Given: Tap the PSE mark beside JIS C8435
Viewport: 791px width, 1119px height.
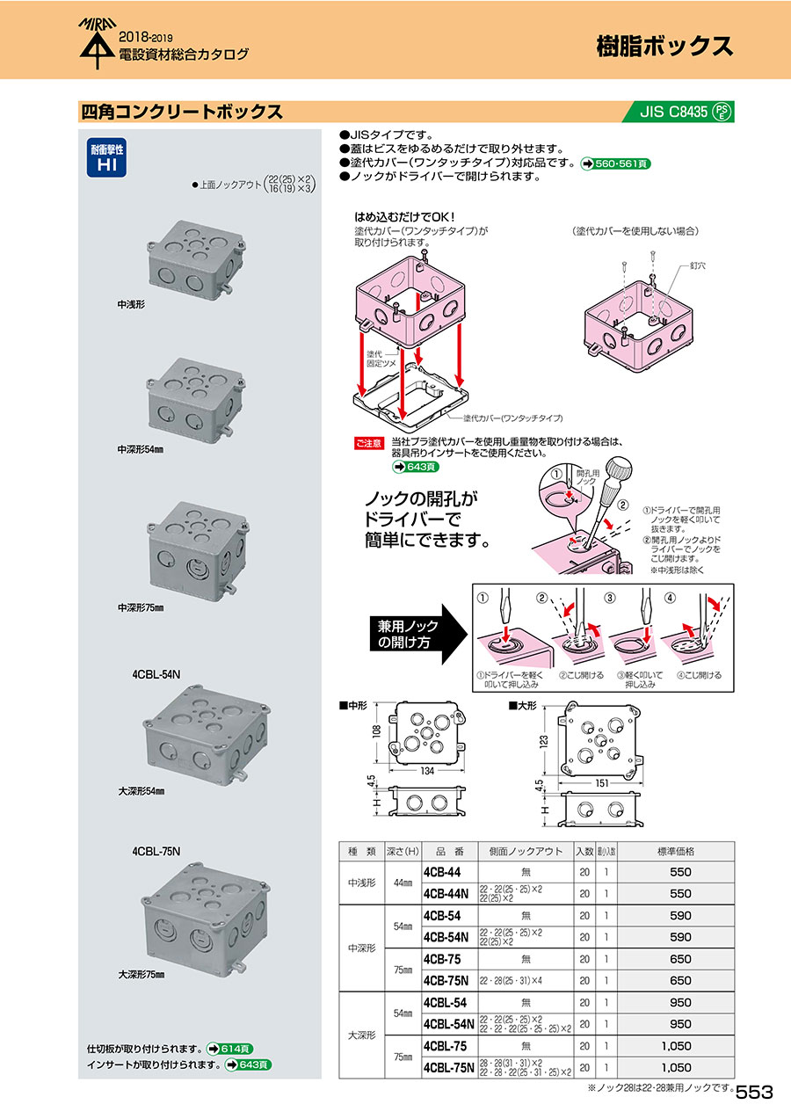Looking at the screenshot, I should click(x=722, y=112).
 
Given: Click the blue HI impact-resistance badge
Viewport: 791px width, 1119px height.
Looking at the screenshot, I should click(x=105, y=157).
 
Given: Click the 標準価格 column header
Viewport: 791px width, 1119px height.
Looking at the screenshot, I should click(x=676, y=851).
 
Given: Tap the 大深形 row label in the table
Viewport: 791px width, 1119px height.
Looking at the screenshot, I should click(x=361, y=1035).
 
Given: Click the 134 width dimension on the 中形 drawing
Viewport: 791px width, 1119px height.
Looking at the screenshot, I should click(x=427, y=771).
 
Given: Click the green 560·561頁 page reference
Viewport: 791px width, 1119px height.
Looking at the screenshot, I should click(x=615, y=163).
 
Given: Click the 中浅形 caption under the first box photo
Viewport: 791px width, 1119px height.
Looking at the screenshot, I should click(x=131, y=303).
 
